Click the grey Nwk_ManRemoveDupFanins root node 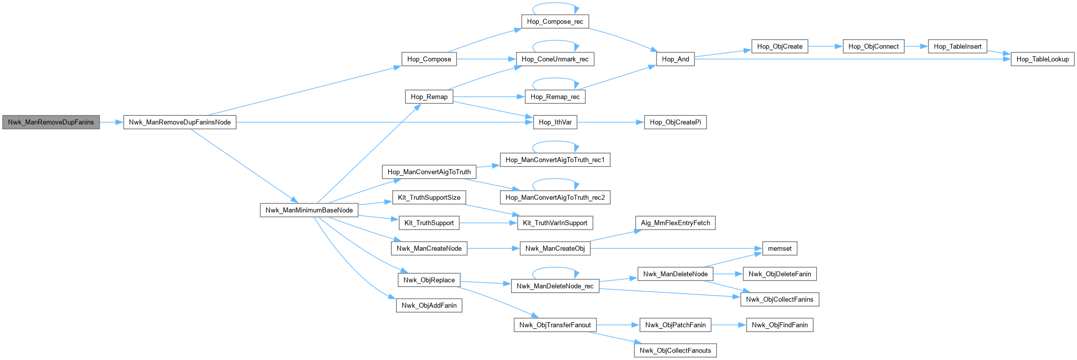tap(51, 122)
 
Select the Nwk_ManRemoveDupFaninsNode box tap(180, 122)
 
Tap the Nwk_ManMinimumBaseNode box tap(309, 210)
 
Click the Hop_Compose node tap(429, 59)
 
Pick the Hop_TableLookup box tap(1042, 59)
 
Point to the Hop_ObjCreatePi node tap(675, 122)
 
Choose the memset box tap(779, 248)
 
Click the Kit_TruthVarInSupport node tap(555, 223)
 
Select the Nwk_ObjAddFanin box tap(429, 305)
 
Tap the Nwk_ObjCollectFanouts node tap(675, 350)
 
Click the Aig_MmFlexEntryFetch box tap(675, 223)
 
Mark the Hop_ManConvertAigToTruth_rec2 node tap(555, 197)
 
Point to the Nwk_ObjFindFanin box tap(779, 325)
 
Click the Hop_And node tap(675, 59)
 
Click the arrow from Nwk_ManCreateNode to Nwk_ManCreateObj tap(493, 248)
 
